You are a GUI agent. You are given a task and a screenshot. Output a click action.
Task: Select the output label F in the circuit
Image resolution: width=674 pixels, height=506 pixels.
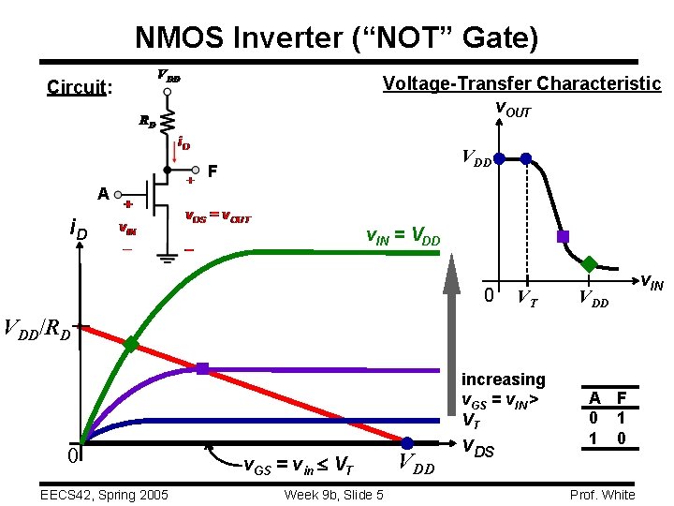[212, 172]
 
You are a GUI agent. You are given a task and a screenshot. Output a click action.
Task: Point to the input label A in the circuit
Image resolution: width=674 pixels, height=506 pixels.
[105, 194]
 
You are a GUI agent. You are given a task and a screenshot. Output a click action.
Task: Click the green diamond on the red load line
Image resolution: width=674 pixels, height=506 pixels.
[131, 345]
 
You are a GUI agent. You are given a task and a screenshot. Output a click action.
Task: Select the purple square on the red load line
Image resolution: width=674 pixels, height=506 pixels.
[202, 368]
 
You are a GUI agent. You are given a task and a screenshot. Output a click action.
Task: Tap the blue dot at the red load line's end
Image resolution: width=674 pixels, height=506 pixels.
[408, 442]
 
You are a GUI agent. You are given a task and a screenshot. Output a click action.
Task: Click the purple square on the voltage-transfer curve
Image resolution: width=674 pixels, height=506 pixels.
[563, 236]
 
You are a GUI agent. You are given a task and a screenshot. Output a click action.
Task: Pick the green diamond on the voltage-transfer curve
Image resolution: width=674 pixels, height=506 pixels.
[591, 263]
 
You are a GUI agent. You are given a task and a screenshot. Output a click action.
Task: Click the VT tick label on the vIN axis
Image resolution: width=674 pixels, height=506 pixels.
[527, 299]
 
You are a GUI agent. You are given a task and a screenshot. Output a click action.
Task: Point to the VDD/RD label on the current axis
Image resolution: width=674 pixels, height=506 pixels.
[37, 329]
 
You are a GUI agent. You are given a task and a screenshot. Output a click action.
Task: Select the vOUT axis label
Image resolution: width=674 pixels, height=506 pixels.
[512, 112]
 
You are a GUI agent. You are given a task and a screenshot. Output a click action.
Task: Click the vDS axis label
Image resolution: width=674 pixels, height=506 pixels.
[481, 451]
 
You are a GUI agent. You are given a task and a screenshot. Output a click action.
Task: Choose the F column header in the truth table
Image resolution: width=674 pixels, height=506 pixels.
[622, 397]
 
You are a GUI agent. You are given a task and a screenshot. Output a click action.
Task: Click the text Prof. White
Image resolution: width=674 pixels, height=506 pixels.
[603, 495]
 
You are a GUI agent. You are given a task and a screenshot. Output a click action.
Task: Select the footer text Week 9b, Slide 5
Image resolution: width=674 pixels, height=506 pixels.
[334, 495]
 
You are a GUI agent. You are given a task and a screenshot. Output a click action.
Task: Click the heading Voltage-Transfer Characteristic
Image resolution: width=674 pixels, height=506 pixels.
[521, 83]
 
